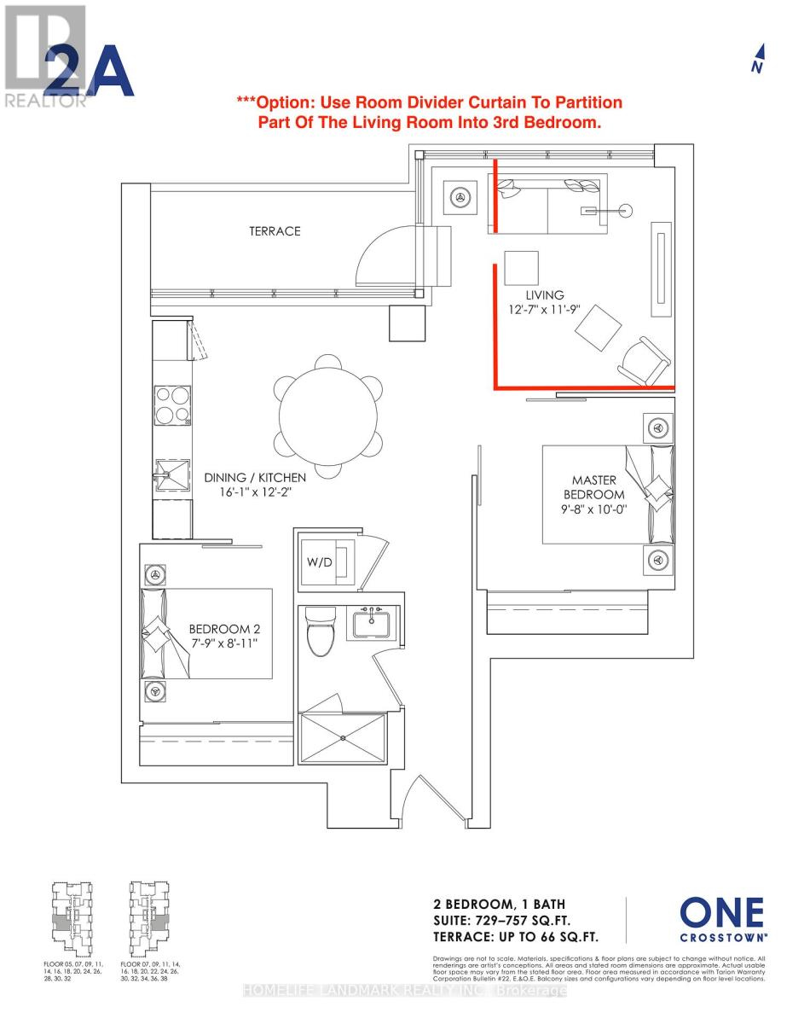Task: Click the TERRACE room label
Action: (275, 231)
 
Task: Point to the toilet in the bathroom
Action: (320, 631)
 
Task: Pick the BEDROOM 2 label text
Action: (217, 630)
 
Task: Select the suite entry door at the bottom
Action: (424, 798)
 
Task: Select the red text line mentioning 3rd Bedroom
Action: (430, 122)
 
